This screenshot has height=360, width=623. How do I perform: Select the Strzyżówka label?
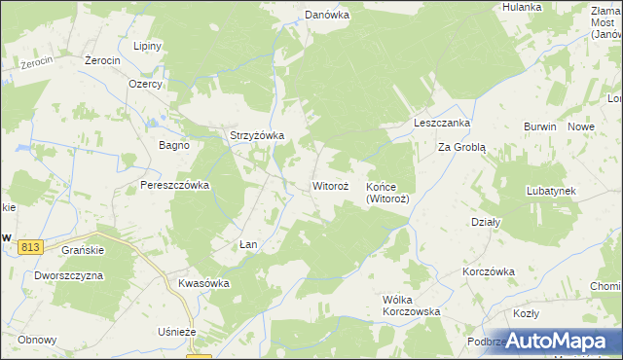[255, 136]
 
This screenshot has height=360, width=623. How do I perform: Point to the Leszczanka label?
[442, 124]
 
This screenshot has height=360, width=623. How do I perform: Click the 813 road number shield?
[30, 248]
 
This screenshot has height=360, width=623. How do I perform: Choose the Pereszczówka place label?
[175, 185]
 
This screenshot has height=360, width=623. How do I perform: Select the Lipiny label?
[147, 47]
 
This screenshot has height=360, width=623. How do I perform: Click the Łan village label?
[248, 244]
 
